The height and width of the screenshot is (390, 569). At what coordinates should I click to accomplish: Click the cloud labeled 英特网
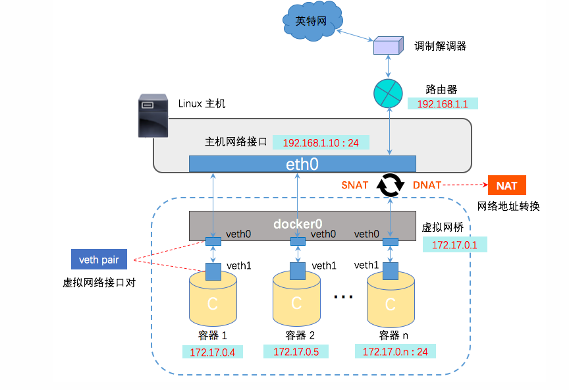click(312, 22)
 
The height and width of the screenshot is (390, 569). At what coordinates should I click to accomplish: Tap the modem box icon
click(387, 45)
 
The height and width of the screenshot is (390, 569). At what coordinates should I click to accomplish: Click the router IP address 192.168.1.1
click(442, 103)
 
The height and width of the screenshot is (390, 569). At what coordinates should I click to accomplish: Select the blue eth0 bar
click(302, 164)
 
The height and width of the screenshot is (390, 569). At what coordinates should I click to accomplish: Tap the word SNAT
click(354, 185)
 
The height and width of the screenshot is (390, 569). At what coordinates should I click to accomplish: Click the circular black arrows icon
click(390, 185)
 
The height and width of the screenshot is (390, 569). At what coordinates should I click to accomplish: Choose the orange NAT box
click(506, 186)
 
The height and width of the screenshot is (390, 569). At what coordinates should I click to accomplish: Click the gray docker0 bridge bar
click(302, 224)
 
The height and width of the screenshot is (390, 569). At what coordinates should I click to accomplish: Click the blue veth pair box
click(99, 260)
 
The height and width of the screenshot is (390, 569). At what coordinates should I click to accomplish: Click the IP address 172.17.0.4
click(212, 352)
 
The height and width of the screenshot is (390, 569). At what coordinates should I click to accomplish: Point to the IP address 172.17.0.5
click(296, 352)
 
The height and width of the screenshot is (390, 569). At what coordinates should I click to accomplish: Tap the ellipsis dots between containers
click(343, 298)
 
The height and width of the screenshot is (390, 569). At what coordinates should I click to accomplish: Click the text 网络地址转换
click(508, 206)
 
